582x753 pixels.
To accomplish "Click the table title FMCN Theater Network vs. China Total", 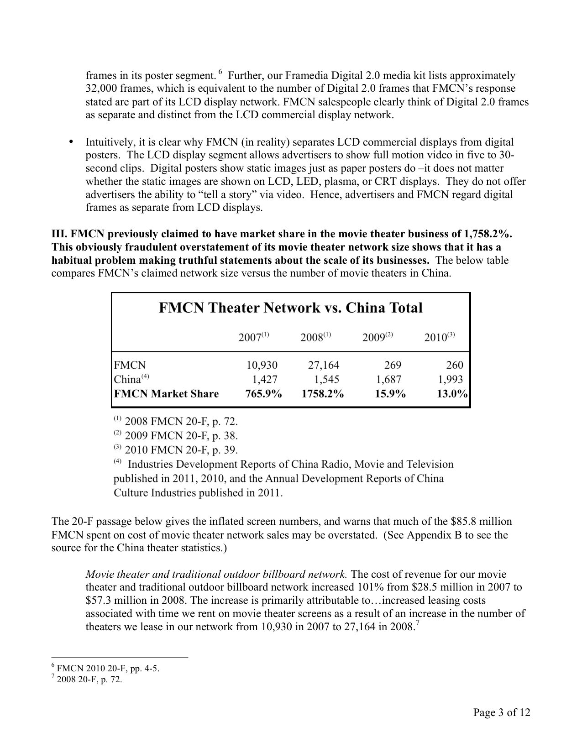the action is tap(291, 308).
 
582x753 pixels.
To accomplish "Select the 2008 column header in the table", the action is tap(315, 337).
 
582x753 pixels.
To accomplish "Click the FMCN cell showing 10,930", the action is tap(262, 365).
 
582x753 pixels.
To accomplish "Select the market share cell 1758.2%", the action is tap(322, 394).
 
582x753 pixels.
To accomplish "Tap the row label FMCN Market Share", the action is tap(166, 394).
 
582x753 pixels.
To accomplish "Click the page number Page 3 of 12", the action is tap(502, 712).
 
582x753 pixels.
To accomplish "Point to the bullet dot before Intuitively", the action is tap(71, 141).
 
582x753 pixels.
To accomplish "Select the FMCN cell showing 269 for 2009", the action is tap(393, 365).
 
